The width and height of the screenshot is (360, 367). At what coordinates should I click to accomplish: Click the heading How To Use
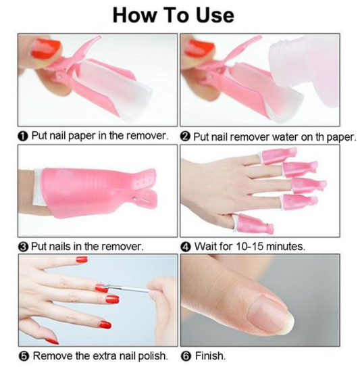tap(180, 15)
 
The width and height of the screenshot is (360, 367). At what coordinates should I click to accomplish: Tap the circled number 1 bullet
tap(22, 136)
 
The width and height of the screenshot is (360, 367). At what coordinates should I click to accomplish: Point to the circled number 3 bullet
tap(22, 246)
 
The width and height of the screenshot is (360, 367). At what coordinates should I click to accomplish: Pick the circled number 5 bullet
tap(22, 356)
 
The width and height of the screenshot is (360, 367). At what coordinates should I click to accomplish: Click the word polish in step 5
tap(148, 356)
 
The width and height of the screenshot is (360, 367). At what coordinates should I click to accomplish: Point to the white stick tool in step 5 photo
tap(128, 293)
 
